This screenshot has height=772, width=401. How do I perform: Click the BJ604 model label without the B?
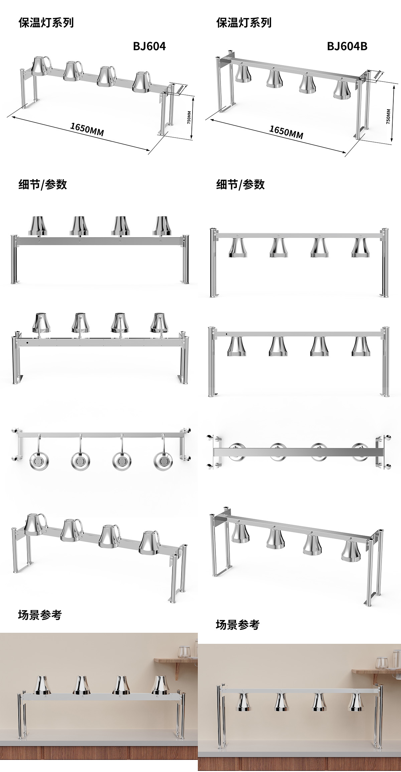(149, 46)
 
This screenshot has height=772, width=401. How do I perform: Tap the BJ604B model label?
(347, 46)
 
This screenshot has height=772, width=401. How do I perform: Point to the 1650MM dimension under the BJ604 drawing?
(87, 130)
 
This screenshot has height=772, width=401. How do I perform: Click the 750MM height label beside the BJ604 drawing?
(189, 117)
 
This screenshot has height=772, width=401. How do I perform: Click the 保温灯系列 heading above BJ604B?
(244, 23)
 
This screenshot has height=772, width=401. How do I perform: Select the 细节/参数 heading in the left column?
(42, 184)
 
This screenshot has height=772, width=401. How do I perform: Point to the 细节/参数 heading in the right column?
(240, 184)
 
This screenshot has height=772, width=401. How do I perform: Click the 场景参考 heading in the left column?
(40, 615)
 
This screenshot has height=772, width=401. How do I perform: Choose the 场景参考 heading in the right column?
(238, 625)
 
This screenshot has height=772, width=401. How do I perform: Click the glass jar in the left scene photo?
(184, 651)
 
